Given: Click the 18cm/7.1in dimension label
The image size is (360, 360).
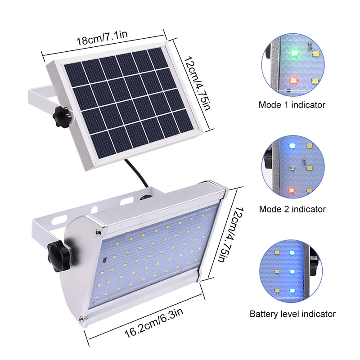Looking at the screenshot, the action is [102, 37].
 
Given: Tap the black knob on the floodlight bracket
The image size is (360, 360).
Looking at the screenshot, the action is [58, 256].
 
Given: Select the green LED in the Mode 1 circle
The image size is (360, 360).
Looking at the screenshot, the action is [294, 53].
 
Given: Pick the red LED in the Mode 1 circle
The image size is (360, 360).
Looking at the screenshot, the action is [293, 81].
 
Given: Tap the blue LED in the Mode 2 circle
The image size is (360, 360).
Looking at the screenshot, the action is [292, 145].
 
